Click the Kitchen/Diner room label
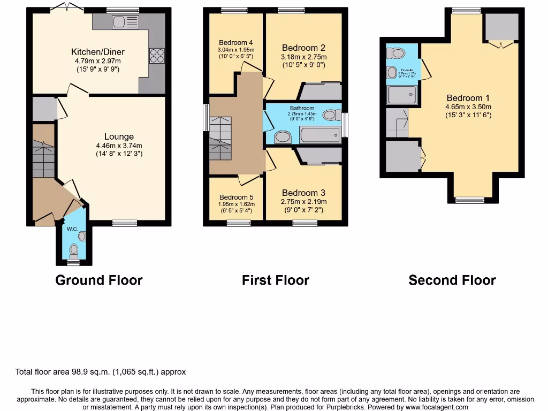(x=98, y=52)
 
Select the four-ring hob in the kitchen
(x=156, y=55)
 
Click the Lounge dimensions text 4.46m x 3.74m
(x=119, y=146)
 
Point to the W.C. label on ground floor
(x=73, y=229)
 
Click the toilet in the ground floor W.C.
(x=74, y=250)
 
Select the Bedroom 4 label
(x=236, y=43)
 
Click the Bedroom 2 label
(x=303, y=48)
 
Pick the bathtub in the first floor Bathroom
(x=319, y=134)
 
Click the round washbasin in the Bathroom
(x=283, y=138)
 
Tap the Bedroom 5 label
(x=236, y=197)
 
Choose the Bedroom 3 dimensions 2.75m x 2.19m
(x=304, y=202)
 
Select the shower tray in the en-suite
(x=401, y=96)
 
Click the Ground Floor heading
(x=99, y=280)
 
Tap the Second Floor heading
(x=452, y=280)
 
